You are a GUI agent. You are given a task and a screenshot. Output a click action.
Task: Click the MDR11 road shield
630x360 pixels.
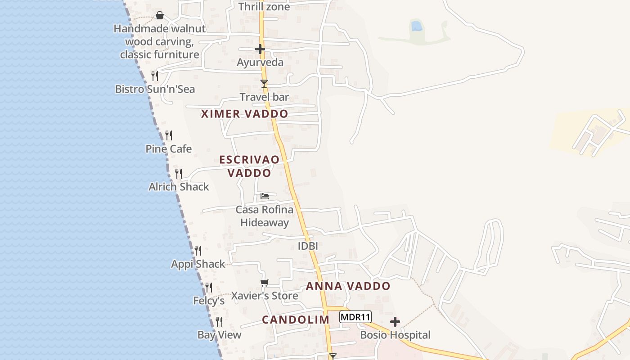355,317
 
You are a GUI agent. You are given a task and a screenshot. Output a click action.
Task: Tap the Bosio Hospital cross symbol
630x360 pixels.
395,322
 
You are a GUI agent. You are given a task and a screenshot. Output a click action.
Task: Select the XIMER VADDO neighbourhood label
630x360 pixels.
244,114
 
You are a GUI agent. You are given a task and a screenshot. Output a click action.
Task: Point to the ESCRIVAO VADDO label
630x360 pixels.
249,166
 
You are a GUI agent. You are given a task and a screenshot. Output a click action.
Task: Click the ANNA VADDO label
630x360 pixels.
348,286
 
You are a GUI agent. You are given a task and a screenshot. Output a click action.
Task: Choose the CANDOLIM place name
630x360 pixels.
296,319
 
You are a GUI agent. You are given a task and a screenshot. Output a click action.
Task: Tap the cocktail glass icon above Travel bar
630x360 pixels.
264,84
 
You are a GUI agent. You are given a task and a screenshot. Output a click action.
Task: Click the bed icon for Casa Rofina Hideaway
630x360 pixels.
265,196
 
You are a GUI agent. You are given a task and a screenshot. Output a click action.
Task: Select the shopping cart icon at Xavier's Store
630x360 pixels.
265,283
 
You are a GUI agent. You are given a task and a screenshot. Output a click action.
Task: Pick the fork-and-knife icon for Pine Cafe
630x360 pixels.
169,135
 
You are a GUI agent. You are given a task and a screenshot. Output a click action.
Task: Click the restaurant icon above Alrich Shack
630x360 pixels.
179,173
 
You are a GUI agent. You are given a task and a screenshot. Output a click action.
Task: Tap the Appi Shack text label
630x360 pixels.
198,264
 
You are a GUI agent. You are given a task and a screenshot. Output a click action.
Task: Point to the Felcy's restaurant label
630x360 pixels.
209,301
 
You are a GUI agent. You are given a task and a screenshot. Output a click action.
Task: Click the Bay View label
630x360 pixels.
219,335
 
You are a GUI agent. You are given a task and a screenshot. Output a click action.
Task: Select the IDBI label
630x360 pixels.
308,246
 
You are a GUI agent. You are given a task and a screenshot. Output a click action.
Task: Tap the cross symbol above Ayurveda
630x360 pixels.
260,49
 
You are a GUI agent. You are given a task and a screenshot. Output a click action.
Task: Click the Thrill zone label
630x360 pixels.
264,7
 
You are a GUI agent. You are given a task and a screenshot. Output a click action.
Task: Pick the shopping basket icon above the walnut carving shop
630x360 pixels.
160,16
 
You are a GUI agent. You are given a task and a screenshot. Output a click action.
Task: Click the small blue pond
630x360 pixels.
417,26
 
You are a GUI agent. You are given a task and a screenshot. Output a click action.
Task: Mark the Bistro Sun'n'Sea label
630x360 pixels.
155,89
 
